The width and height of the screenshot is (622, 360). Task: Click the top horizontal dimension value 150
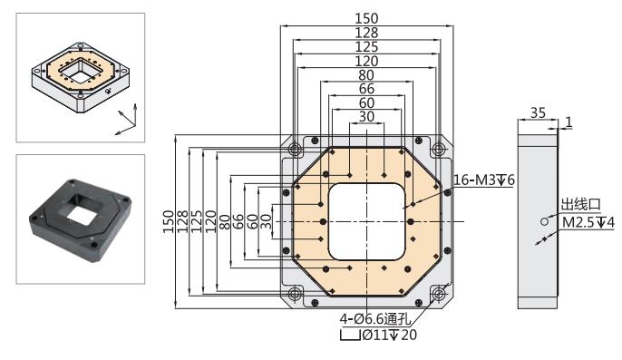(366, 18)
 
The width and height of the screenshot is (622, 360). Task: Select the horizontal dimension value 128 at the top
(366, 33)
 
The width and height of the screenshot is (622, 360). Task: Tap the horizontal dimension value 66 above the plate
(366, 89)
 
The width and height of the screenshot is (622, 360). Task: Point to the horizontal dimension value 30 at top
(366, 117)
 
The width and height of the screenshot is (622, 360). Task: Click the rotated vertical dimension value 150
(169, 221)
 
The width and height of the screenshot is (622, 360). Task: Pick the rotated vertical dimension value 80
(225, 221)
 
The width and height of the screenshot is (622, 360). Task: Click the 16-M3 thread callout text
(483, 180)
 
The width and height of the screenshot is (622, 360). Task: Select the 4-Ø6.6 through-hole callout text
(374, 318)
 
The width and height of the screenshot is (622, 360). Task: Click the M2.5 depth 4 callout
(588, 222)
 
